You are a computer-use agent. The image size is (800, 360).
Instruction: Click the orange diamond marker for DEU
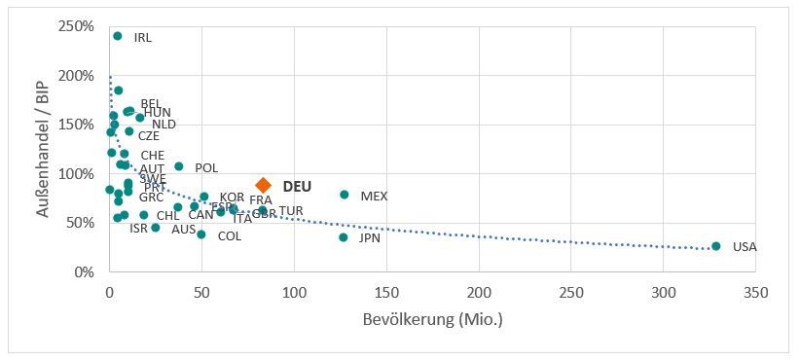click(263, 185)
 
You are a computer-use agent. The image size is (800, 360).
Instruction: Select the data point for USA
click(715, 246)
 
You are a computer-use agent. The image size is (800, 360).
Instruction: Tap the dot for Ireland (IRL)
click(118, 36)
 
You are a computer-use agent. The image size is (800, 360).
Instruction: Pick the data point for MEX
click(344, 195)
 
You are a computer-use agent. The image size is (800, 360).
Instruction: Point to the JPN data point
click(343, 237)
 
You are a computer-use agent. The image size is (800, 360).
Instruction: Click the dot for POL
click(178, 166)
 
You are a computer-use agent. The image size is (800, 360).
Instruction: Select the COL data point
click(201, 234)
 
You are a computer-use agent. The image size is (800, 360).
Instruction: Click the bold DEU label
click(298, 186)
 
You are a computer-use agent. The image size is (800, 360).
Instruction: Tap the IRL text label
click(142, 38)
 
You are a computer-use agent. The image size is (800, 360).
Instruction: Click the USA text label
click(744, 247)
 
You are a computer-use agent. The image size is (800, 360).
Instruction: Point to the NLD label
click(164, 125)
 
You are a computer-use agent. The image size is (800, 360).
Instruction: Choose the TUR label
click(290, 210)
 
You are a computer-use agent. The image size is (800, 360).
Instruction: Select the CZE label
click(148, 136)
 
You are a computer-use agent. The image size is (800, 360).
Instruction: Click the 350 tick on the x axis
click(755, 292)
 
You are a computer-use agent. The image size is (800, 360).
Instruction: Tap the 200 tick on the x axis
click(478, 292)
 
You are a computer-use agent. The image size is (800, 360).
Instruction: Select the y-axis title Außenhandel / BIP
click(44, 149)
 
